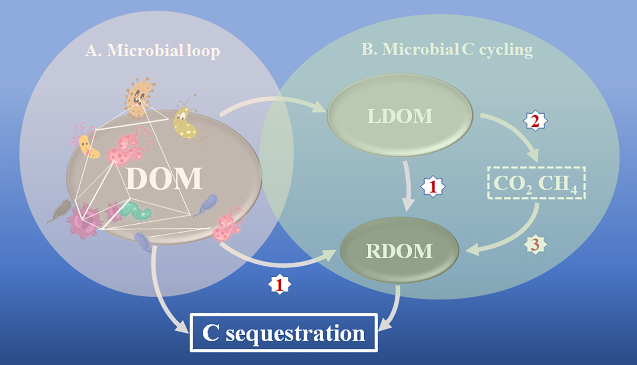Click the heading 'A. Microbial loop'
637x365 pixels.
tap(153, 51)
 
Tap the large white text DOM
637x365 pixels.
tap(164, 179)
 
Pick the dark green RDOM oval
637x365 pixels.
tap(399, 251)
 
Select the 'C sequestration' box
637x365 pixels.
tap(284, 333)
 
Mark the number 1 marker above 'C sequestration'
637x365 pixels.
tap(280, 284)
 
